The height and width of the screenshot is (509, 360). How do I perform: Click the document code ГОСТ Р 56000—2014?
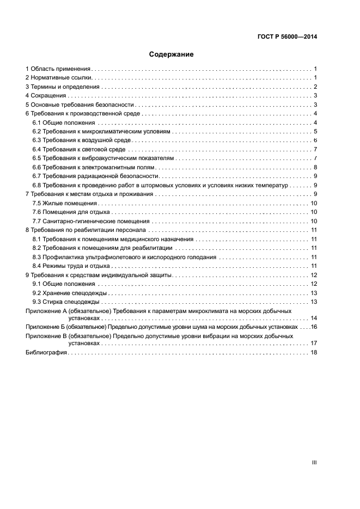pos(286,38)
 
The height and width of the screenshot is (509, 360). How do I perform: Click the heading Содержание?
pos(172,54)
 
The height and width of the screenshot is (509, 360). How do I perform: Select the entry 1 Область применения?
pos(58,69)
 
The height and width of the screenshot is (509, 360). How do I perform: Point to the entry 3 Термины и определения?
pos(63,87)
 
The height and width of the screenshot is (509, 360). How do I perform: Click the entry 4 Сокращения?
pos(46,96)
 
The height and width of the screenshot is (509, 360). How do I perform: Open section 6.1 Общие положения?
pos(64,122)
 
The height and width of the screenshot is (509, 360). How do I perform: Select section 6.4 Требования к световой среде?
pos(79,149)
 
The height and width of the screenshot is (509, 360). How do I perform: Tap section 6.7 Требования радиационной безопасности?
pos(96,176)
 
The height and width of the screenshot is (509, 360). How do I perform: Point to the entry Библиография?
pos(46,353)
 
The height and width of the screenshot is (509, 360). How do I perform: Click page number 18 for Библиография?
pos(314,353)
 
